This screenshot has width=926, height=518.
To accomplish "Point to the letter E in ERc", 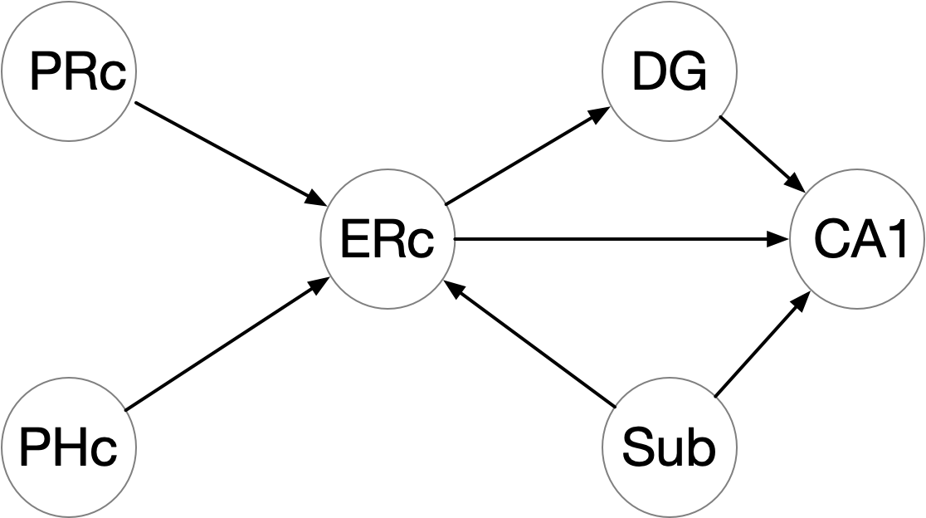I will [353, 240].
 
